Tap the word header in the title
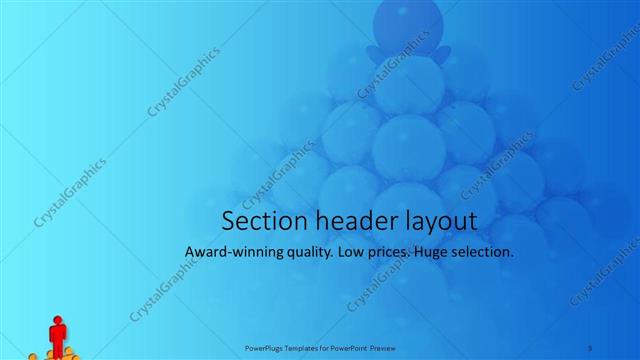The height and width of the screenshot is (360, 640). pos(348,220)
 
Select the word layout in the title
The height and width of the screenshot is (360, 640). pos(437,222)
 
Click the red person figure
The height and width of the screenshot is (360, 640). pos(57,338)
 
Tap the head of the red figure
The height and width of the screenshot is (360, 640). pos(57,322)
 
